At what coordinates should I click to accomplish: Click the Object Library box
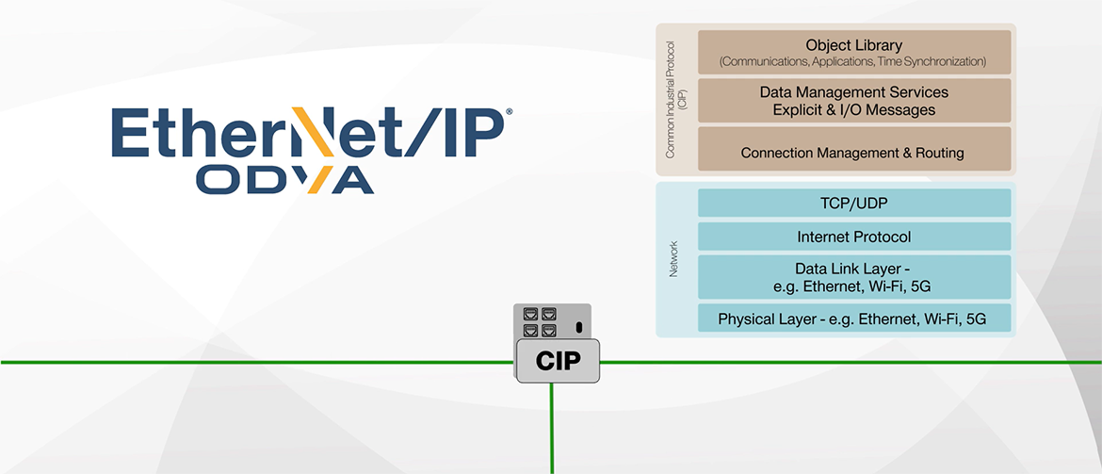[853, 52]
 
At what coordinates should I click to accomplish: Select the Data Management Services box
[853, 101]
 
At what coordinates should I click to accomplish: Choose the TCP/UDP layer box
[853, 203]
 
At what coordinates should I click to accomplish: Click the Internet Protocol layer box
[853, 237]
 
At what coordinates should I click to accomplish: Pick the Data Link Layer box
[853, 277]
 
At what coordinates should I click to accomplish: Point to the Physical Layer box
[853, 319]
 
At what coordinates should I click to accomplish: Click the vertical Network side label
[673, 259]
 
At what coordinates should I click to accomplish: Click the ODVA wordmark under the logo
[284, 180]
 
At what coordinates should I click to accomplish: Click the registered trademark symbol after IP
[510, 112]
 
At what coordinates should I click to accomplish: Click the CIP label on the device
[558, 362]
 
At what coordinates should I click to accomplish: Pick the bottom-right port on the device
[548, 330]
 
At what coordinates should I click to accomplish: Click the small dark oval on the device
[578, 327]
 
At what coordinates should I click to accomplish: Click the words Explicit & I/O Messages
[853, 110]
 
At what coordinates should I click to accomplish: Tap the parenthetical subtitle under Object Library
[853, 62]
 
